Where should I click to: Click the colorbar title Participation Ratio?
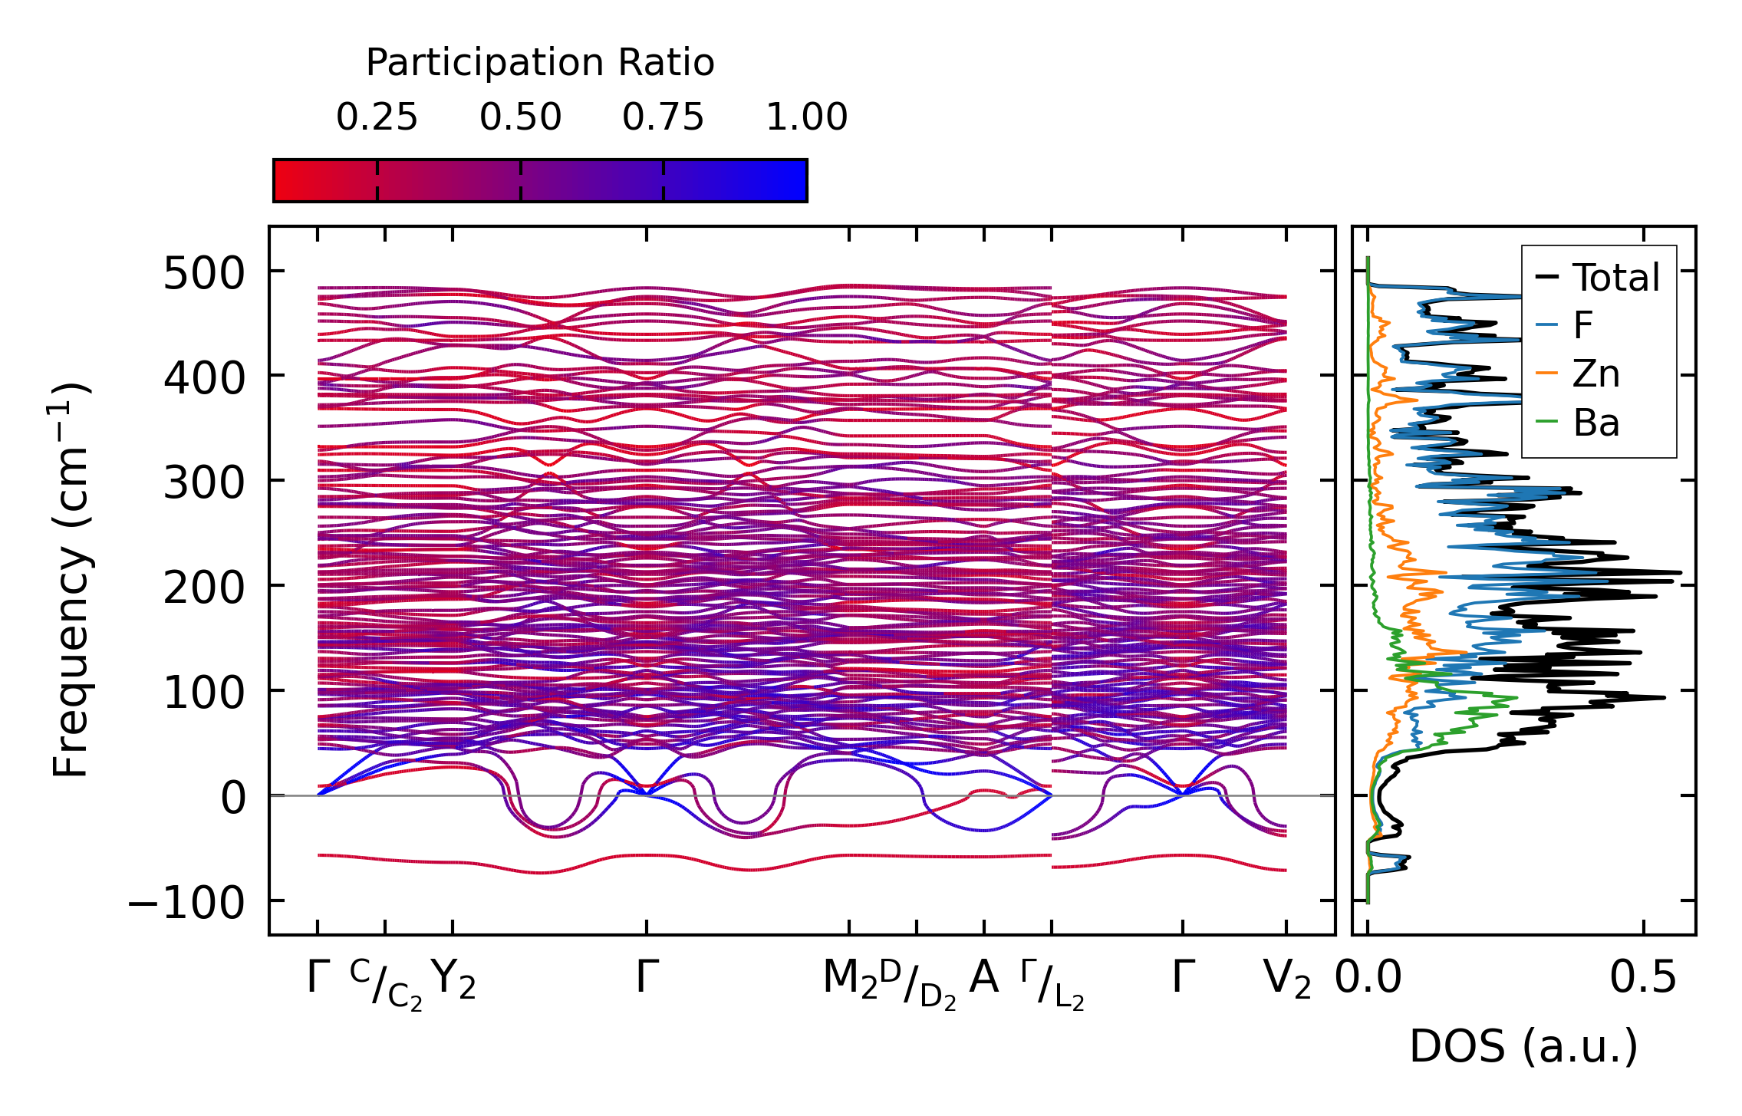[x=540, y=63]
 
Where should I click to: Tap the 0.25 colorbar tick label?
[x=377, y=118]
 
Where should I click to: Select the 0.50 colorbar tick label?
[x=521, y=118]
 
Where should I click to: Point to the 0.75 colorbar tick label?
[x=663, y=118]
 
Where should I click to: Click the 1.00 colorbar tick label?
[x=807, y=118]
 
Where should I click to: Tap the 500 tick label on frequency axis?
[x=203, y=274]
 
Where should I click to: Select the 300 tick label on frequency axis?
[x=203, y=483]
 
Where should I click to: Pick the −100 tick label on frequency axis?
[x=186, y=903]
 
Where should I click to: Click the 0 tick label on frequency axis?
[x=233, y=798]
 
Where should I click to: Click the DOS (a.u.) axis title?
[x=1523, y=1046]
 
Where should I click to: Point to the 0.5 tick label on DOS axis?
[x=1643, y=978]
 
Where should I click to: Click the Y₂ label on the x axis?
[x=453, y=979]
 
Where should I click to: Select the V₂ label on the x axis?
[x=1287, y=979]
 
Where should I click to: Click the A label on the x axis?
[x=984, y=978]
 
